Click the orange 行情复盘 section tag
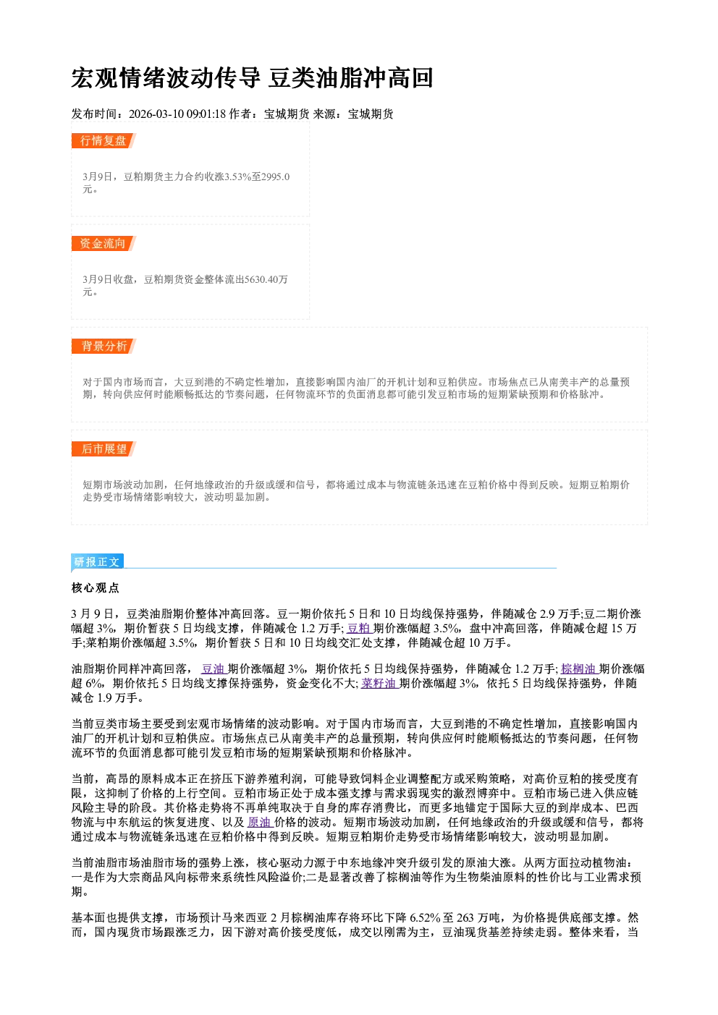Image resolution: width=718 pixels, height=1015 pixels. pyautogui.click(x=104, y=140)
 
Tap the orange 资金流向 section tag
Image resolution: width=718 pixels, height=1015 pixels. pyautogui.click(x=104, y=243)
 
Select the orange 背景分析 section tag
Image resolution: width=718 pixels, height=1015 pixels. pyautogui.click(x=104, y=347)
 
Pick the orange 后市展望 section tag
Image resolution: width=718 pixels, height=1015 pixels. pyautogui.click(x=104, y=449)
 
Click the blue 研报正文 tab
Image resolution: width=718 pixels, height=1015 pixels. pyautogui.click(x=97, y=562)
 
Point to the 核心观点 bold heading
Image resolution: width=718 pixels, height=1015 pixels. pyautogui.click(x=96, y=588)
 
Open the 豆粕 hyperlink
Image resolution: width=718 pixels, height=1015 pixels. pyautogui.click(x=360, y=629)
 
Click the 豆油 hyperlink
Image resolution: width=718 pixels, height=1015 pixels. pyautogui.click(x=214, y=668)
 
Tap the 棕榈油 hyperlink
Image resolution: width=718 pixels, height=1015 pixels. pyautogui.click(x=579, y=668)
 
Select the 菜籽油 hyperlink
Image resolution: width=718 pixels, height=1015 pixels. pyautogui.click(x=379, y=684)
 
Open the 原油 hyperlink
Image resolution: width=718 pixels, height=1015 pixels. pyautogui.click(x=260, y=822)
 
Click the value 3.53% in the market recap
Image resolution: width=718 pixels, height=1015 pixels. pyautogui.click(x=238, y=177)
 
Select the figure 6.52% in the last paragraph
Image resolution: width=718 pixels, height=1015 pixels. pyautogui.click(x=425, y=918)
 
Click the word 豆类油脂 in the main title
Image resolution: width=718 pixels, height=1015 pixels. pyautogui.click(x=316, y=78)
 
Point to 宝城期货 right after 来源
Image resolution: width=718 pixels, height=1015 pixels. pyautogui.click(x=371, y=114)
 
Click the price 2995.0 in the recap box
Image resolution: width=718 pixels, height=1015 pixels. pyautogui.click(x=275, y=177)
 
